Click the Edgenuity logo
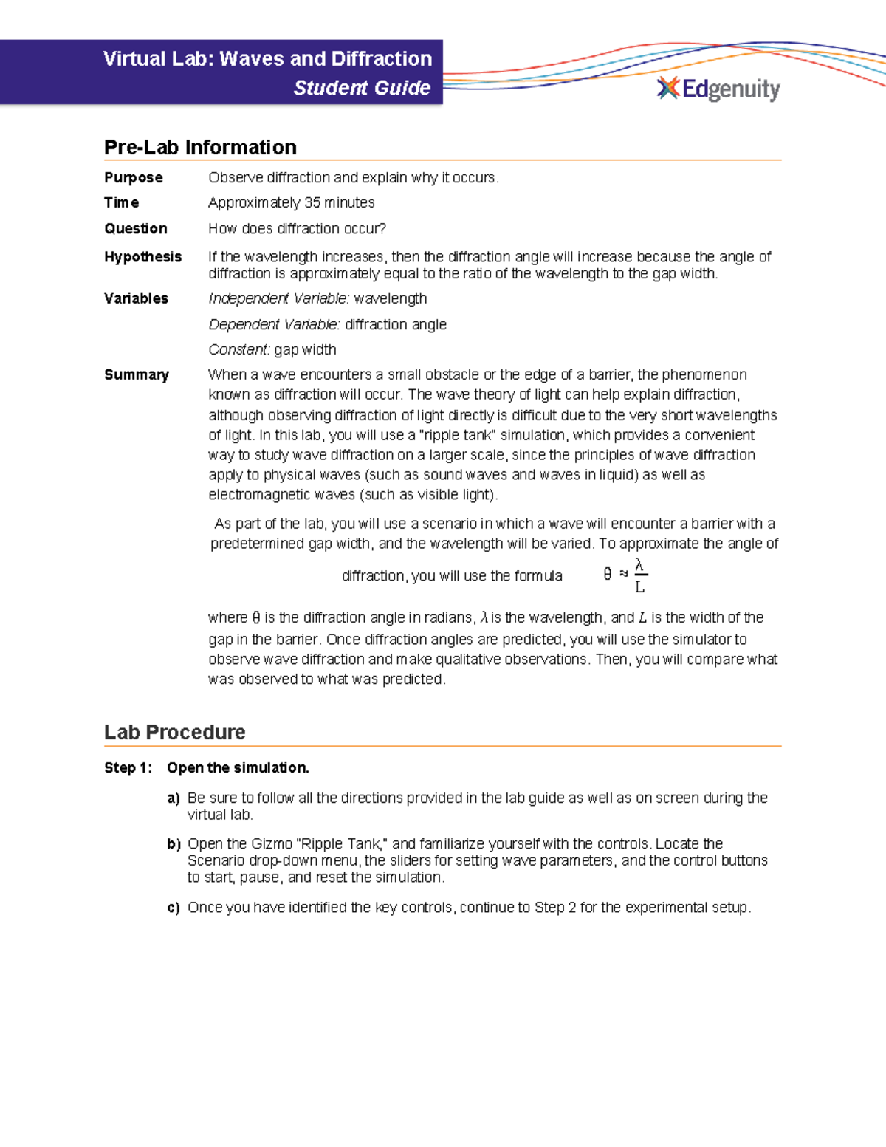click(718, 89)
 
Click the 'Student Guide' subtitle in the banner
click(362, 88)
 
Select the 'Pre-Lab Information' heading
click(200, 147)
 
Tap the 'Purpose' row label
click(134, 178)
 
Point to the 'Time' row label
click(122, 202)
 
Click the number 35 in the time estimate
click(312, 202)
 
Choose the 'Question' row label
click(136, 229)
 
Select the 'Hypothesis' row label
click(142, 257)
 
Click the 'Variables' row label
click(136, 298)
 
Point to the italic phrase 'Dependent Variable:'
click(275, 325)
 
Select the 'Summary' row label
click(137, 375)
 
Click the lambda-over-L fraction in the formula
click(640, 576)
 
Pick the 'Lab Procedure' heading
click(175, 732)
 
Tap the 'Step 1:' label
click(128, 768)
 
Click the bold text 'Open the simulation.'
click(238, 768)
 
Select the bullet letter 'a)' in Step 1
click(174, 798)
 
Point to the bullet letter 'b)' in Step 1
click(174, 844)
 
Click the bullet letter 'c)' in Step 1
click(174, 908)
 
